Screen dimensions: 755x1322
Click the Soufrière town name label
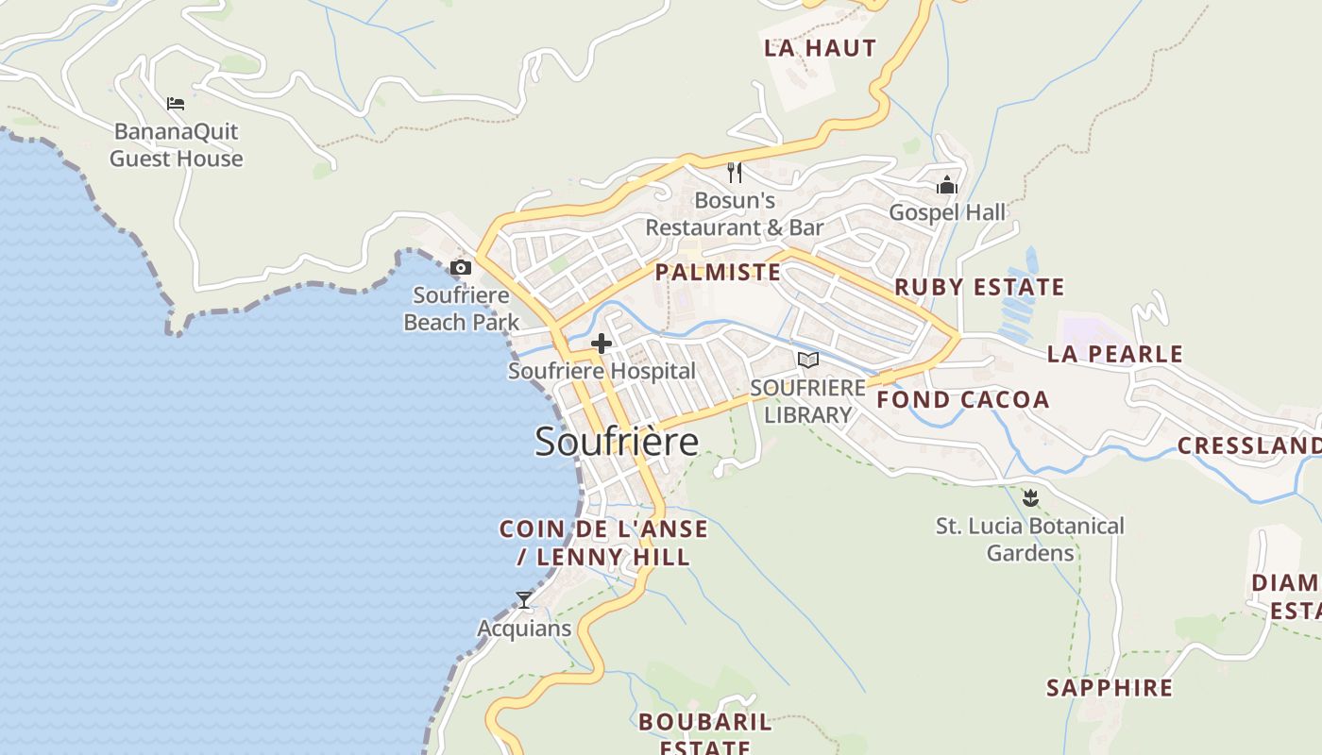(x=617, y=442)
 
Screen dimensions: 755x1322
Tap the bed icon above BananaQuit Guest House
(x=176, y=103)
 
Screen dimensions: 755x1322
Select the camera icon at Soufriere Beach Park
(x=461, y=268)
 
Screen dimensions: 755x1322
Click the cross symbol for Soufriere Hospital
(x=602, y=344)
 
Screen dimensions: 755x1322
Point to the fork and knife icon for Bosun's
(x=735, y=173)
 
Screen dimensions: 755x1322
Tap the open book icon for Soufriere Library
(x=807, y=360)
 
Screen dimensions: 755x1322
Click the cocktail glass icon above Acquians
(x=524, y=599)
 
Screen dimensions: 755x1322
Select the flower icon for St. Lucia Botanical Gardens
(x=1030, y=497)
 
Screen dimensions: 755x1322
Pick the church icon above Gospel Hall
(x=947, y=185)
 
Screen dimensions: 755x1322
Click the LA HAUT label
(x=820, y=48)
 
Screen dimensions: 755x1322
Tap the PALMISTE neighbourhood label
(x=718, y=273)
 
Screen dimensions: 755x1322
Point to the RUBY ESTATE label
(x=979, y=287)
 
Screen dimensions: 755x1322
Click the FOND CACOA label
(x=962, y=399)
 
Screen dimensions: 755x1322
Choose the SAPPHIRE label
(x=1109, y=688)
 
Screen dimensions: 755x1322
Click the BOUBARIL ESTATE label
(x=704, y=734)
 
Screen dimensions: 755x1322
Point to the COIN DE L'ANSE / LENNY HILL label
(x=603, y=543)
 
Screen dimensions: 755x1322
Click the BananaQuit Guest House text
(x=177, y=144)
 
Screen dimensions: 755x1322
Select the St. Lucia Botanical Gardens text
(x=1030, y=539)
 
